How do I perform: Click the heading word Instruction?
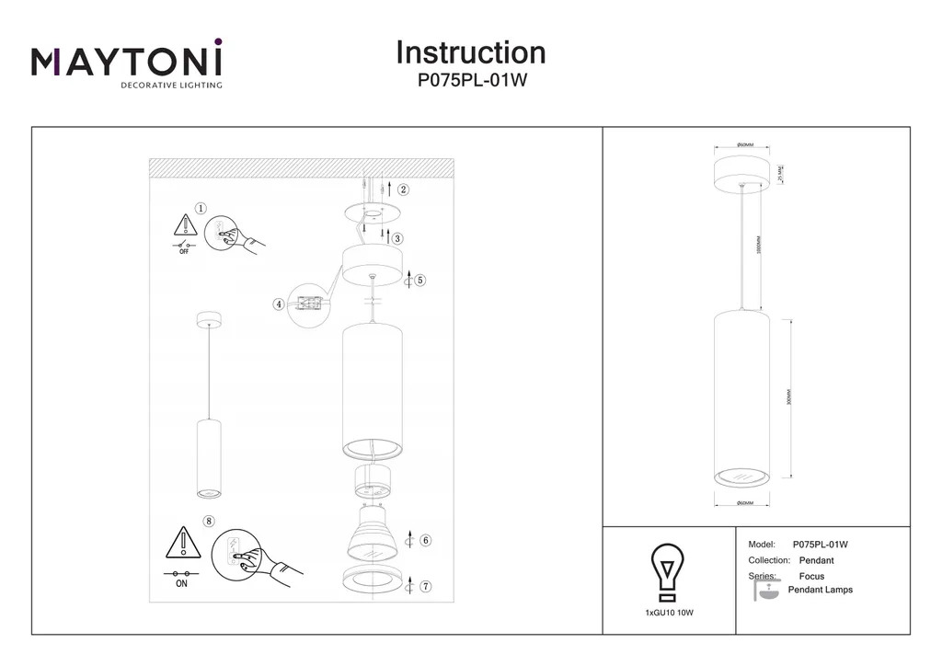(x=470, y=52)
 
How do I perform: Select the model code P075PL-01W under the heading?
(x=471, y=80)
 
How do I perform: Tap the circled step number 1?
(x=201, y=210)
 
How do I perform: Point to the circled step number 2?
(x=403, y=190)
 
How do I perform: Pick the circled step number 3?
(x=397, y=238)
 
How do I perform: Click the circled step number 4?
(x=278, y=304)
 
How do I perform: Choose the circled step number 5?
(x=420, y=280)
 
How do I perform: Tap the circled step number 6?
(x=425, y=541)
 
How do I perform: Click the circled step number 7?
(x=425, y=586)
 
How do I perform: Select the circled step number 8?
(x=210, y=521)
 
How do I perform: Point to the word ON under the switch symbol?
(x=181, y=583)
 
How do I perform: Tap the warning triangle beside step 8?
(x=183, y=544)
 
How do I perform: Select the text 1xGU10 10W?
(x=668, y=612)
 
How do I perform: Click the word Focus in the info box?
(x=811, y=576)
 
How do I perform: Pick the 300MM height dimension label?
(x=789, y=397)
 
